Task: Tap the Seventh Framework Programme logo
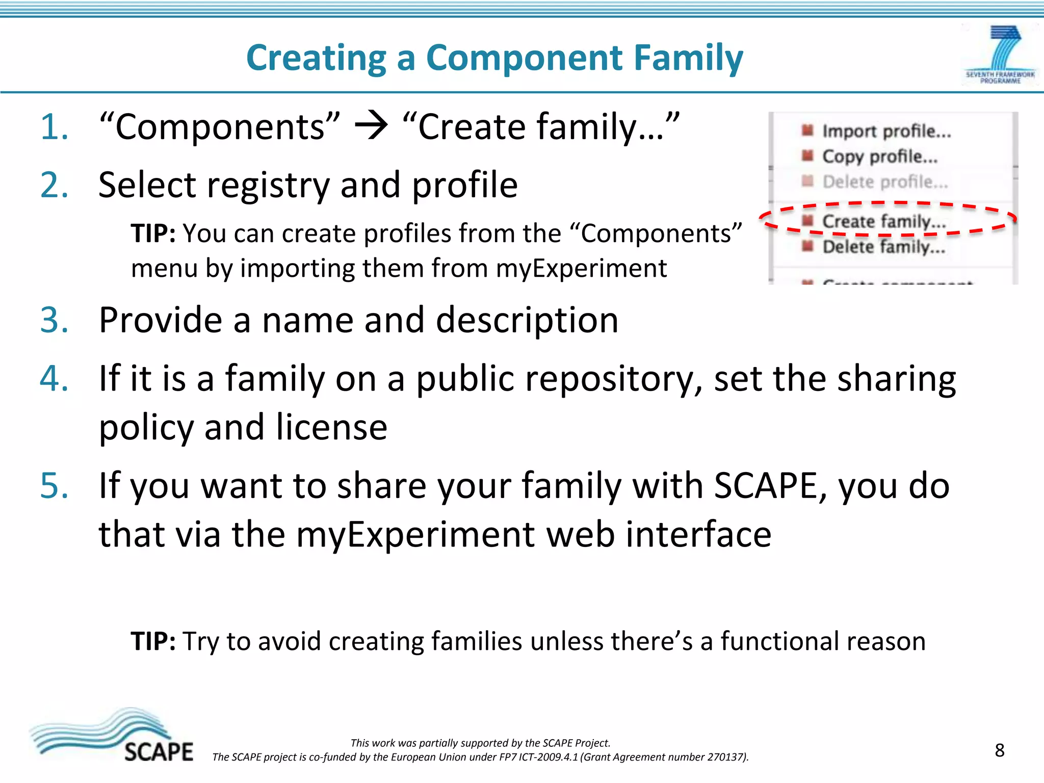tap(1000, 55)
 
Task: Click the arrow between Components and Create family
tap(371, 126)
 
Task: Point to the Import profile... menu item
tap(886, 131)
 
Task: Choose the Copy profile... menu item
tap(879, 156)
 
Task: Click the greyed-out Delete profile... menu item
tap(884, 181)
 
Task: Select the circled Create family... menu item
tap(883, 221)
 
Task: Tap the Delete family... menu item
tap(883, 247)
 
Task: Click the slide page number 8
tap(999, 750)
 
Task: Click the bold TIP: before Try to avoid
tap(153, 641)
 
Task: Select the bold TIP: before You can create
tap(153, 233)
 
